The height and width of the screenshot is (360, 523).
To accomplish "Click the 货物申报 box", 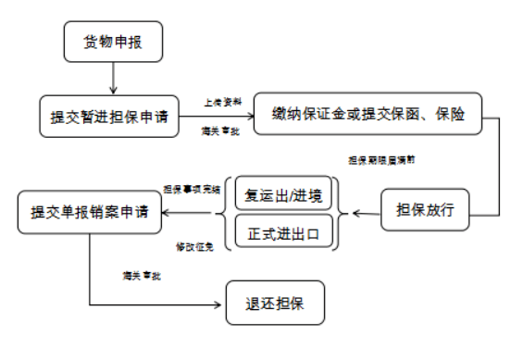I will (x=112, y=42).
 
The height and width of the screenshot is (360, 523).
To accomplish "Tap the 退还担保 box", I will (x=275, y=303).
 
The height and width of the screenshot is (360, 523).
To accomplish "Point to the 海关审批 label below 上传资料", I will (x=218, y=131).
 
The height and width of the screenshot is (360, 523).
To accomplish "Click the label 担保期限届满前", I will (x=380, y=159).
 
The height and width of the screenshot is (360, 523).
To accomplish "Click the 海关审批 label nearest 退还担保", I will (x=141, y=276).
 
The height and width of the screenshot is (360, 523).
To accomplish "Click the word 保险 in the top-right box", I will (x=463, y=114).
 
